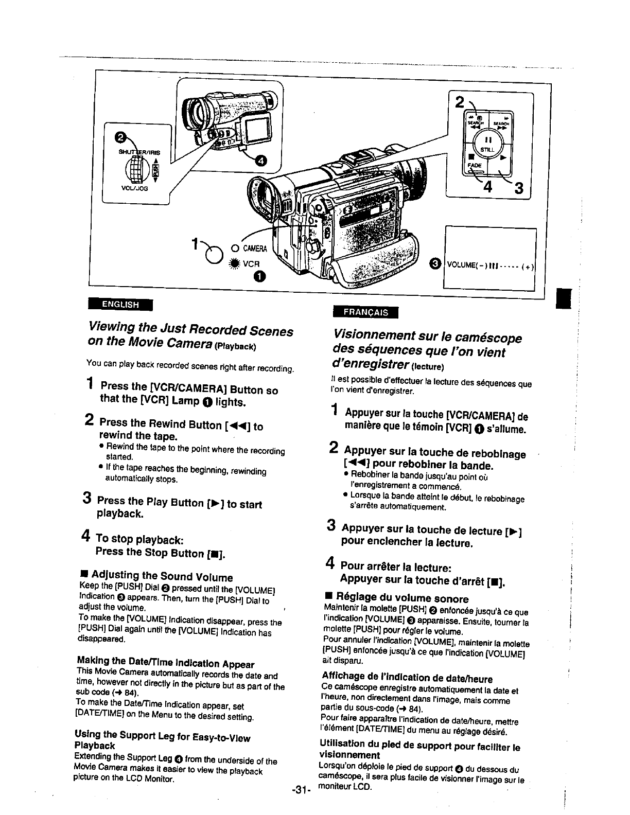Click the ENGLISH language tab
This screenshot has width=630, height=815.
click(120, 304)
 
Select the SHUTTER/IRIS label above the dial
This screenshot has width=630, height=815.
click(139, 152)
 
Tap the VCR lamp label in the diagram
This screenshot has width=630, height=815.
click(250, 260)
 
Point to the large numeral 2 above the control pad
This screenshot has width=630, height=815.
click(460, 101)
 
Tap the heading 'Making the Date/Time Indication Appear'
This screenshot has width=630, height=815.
click(165, 663)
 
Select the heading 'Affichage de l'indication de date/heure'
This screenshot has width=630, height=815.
click(407, 678)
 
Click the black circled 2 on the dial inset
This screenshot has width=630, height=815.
click(120, 137)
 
